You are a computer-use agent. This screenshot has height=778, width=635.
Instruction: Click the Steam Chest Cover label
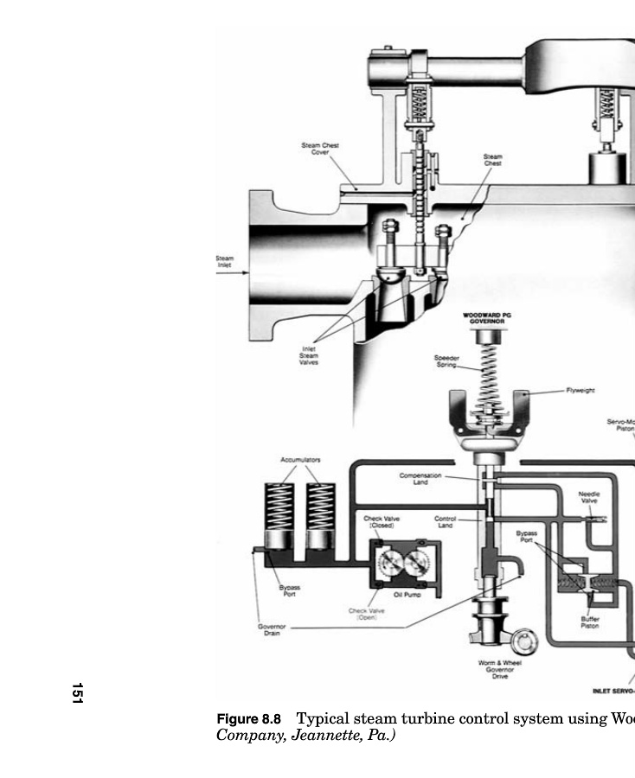(x=319, y=149)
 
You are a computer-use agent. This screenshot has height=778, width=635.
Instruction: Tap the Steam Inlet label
(x=224, y=260)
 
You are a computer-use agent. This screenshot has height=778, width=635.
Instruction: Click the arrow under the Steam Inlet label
(x=231, y=273)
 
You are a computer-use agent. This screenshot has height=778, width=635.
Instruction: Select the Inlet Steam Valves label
(x=309, y=355)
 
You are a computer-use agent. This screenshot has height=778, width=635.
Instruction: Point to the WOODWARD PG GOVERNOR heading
(x=486, y=317)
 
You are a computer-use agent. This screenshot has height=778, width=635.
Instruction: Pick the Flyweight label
(x=580, y=391)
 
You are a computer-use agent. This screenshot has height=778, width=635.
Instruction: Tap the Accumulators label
(x=300, y=460)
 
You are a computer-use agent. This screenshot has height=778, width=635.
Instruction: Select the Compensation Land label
(x=420, y=478)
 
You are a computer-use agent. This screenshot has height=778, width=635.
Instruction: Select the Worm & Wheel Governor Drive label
(x=499, y=669)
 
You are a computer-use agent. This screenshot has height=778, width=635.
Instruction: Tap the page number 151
(x=77, y=692)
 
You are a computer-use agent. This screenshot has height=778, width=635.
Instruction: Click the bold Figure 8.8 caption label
(x=249, y=719)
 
